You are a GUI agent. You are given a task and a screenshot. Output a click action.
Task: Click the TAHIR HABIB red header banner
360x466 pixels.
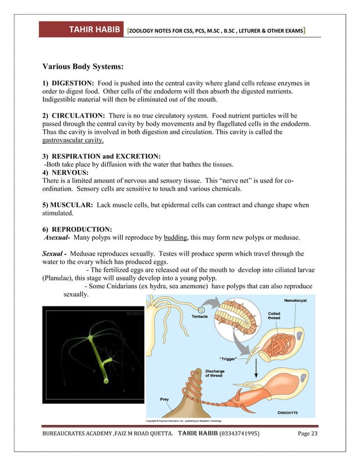click(x=81, y=29)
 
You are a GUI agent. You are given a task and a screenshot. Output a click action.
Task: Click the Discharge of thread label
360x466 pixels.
click(x=215, y=372)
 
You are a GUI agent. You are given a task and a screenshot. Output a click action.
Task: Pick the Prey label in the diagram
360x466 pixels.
click(x=164, y=399)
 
